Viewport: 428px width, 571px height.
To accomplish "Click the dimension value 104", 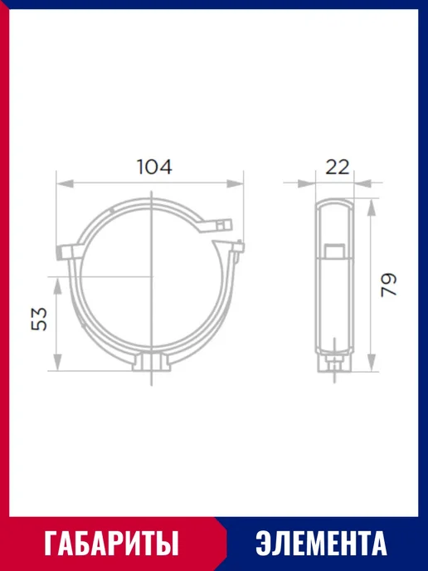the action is [x=154, y=167].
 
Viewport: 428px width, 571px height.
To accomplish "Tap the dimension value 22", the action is [x=337, y=167].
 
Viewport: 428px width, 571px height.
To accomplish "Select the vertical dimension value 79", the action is [x=388, y=285].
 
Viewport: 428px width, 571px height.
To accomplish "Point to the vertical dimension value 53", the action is [x=39, y=319].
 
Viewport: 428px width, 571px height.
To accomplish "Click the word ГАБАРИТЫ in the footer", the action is [x=112, y=543].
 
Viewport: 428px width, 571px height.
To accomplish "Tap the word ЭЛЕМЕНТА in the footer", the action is [x=321, y=543].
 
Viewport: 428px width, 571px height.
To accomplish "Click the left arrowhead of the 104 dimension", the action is [x=65, y=183].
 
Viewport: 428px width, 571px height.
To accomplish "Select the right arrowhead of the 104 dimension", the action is [x=235, y=183].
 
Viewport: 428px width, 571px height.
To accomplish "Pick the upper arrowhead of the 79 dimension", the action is [x=371, y=207].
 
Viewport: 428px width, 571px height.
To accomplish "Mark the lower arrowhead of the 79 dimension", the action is [x=371, y=363].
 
